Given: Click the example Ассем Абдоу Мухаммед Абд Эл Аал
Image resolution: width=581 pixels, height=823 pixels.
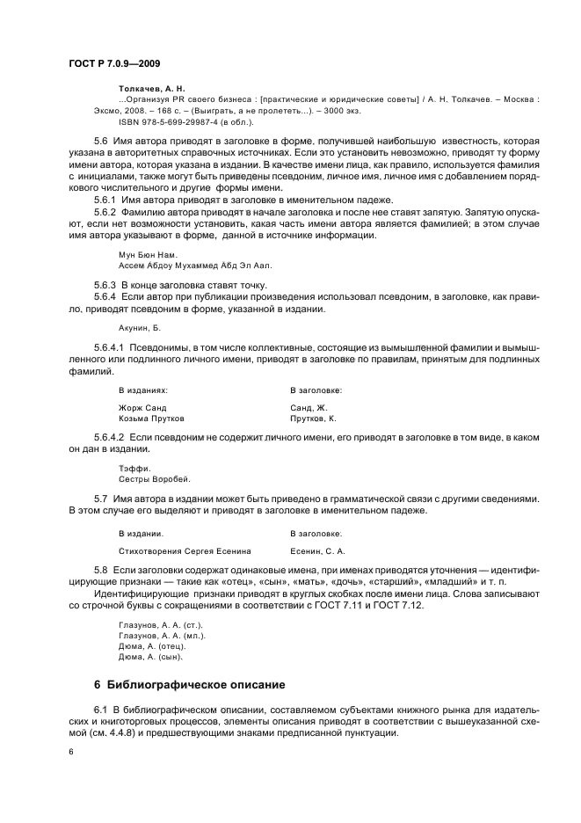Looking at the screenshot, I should pos(195,266).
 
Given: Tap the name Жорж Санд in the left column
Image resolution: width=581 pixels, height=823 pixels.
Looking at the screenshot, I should pos(142,408).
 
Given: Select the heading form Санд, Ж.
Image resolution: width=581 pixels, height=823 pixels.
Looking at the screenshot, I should pos(309,408).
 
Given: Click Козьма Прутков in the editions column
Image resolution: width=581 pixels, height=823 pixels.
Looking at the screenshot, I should pos(151,419).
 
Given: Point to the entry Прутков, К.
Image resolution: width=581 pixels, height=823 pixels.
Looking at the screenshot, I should pos(313,419).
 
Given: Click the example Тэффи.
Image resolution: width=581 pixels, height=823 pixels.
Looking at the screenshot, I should pos(134,468).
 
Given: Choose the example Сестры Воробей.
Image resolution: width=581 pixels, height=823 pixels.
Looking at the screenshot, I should pos(154,478).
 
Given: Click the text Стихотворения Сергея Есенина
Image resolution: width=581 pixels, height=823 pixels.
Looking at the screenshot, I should pos(185,551).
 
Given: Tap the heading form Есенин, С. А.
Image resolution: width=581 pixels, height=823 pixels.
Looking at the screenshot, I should pos(317,551).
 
